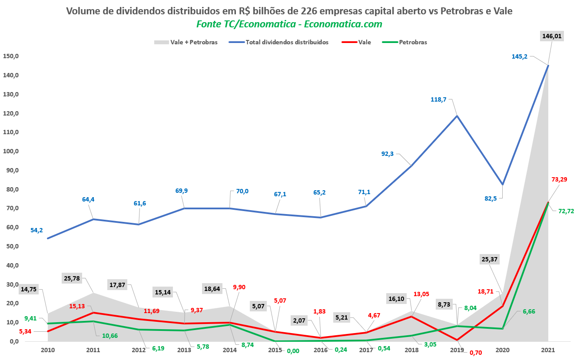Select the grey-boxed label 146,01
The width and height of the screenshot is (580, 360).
[x=552, y=36]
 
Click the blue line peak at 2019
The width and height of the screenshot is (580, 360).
[x=457, y=116]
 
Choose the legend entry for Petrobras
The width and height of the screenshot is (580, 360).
[x=413, y=42]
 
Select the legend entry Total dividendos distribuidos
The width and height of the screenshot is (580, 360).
[x=287, y=42]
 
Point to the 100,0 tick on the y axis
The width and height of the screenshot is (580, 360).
[x=10, y=151]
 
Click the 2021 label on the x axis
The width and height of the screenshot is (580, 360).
[x=548, y=350]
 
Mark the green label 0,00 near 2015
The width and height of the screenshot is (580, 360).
[x=293, y=351]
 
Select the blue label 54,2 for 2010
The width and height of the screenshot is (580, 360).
[x=36, y=230]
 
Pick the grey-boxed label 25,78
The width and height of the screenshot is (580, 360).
[x=72, y=278]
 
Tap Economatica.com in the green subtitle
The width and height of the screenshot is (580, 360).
[x=343, y=24]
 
